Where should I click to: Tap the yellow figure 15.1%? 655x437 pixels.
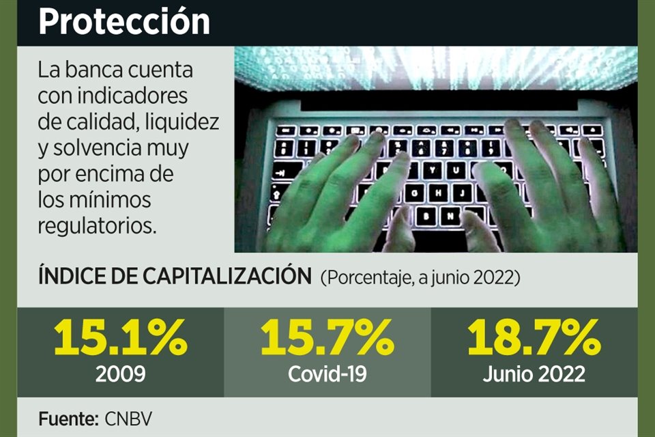tap(120, 339)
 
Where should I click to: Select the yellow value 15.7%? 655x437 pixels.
tap(327, 339)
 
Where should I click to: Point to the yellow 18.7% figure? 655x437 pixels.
tap(534, 339)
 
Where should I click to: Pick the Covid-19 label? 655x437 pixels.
tap(327, 373)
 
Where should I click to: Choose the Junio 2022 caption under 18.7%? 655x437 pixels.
tap(534, 373)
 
